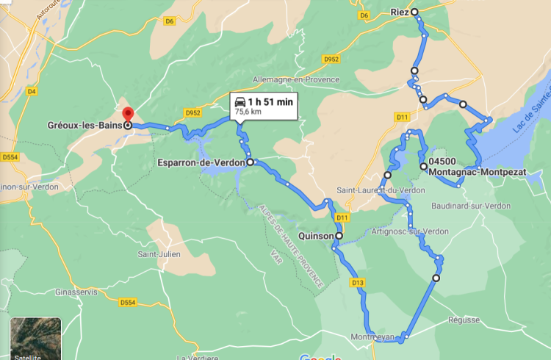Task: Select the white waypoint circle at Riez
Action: (414, 12)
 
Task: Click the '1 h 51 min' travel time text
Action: (271, 102)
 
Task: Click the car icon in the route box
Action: (240, 102)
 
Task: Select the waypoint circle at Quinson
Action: (339, 236)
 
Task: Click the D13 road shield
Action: (358, 282)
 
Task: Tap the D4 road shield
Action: (31, 91)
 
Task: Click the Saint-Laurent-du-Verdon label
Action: (381, 190)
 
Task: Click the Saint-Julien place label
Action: (159, 255)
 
